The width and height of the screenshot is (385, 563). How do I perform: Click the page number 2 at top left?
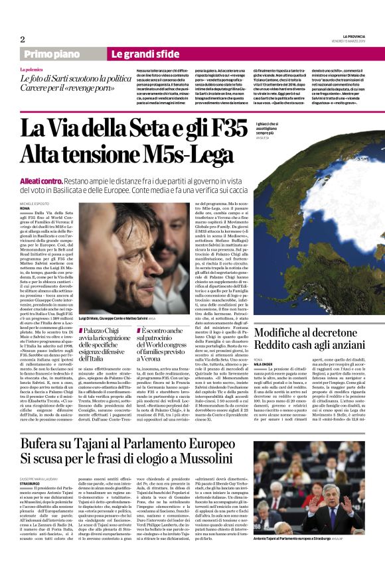[x=22, y=39]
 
